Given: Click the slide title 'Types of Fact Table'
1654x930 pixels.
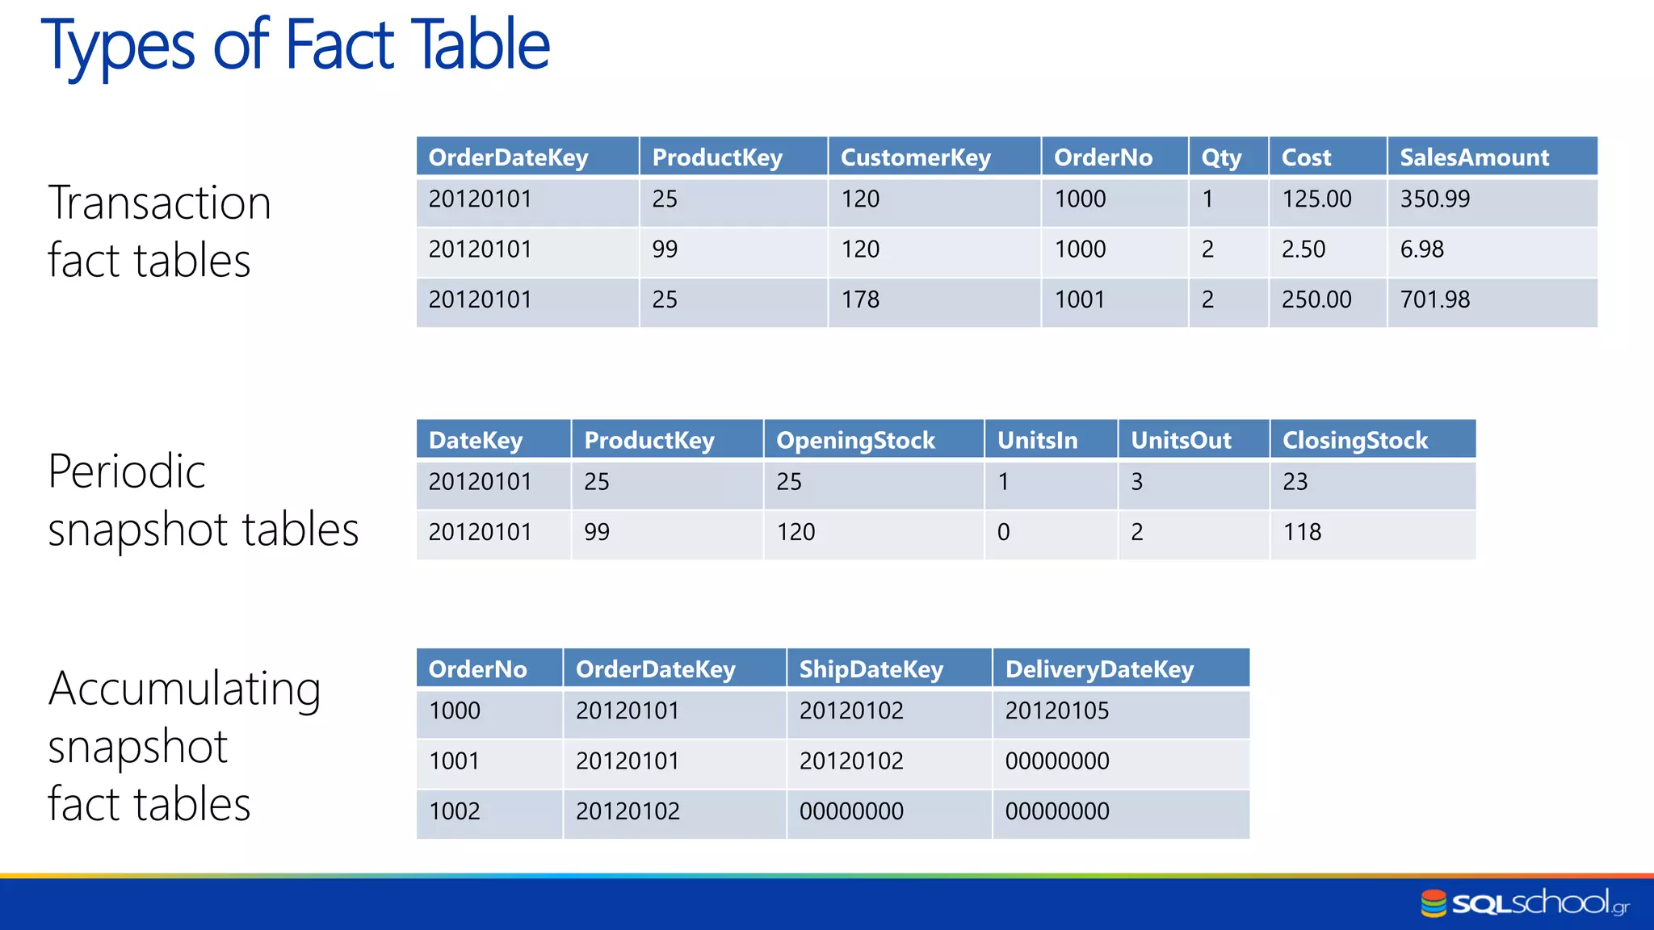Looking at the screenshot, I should pos(296,45).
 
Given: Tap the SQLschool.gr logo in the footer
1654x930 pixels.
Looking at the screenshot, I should pos(1525,903).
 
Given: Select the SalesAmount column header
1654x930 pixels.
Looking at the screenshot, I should pos(1474,157).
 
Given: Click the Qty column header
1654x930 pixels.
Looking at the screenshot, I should pos(1220,157).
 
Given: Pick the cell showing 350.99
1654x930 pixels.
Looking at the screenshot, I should pos(1435,199).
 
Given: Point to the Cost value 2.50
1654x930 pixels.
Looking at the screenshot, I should pos(1303,249).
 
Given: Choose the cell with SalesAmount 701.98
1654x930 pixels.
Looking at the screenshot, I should pos(1435,300).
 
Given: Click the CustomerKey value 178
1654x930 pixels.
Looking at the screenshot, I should pos(860,300).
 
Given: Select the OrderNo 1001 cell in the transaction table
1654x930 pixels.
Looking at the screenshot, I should pos(1080,300).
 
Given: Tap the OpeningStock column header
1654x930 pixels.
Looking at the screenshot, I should pos(855,441).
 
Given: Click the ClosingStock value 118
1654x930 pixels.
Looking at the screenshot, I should pos(1302,533).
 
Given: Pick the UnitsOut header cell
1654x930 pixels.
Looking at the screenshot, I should pos(1181,441).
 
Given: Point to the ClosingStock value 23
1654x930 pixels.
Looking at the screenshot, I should pos(1295,482).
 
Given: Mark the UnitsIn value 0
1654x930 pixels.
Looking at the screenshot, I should pos(1003,533).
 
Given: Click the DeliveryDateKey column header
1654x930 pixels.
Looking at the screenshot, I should pos(1099,669).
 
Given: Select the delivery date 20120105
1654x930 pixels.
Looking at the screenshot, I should pos(1057,711).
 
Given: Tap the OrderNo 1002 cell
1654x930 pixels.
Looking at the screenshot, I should pos(455,811).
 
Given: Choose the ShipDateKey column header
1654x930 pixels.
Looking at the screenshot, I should pos(871,669).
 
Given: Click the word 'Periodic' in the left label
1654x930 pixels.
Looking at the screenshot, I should pos(127,471).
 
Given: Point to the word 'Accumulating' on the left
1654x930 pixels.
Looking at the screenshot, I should pos(184,689).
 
